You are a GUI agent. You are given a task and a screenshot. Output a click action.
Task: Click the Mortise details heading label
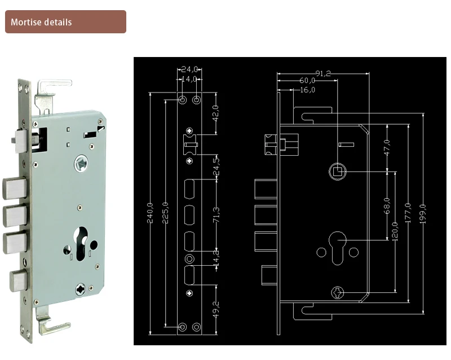coord(41,22)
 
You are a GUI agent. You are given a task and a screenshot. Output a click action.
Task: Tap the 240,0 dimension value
coord(150,213)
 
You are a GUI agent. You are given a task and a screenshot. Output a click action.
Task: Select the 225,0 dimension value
coord(165,213)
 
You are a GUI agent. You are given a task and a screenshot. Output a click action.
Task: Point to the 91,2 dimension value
coord(323,73)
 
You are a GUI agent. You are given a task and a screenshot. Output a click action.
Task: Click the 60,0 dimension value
coord(307,80)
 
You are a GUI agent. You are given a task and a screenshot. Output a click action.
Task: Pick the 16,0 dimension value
coord(307,90)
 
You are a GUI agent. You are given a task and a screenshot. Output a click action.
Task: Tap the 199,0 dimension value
coord(423,214)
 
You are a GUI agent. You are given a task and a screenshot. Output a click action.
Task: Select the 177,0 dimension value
coord(408,213)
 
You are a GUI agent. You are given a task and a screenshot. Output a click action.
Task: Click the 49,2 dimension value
coord(216,310)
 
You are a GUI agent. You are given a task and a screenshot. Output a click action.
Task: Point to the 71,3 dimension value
coord(216,215)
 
